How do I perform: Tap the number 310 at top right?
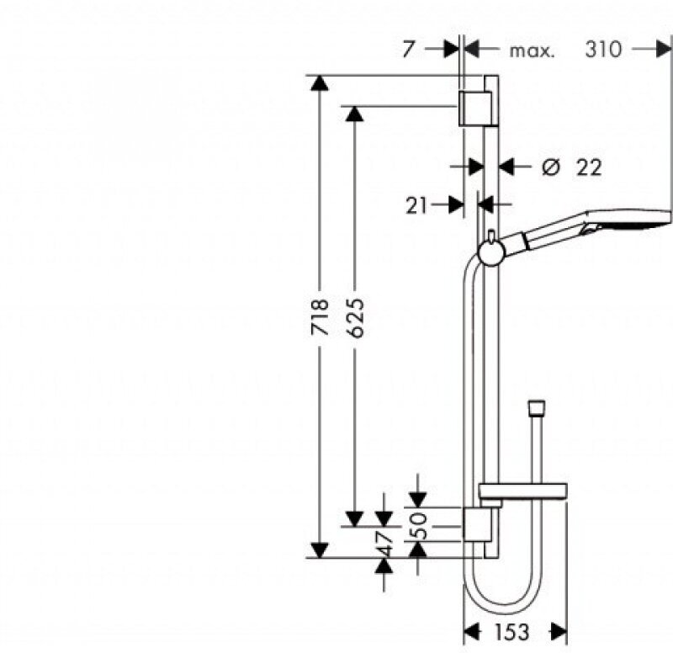click(604, 50)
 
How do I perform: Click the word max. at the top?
click(532, 50)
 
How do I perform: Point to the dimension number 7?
click(408, 50)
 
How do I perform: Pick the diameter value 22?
click(589, 167)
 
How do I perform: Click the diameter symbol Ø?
click(551, 167)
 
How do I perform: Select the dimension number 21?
click(419, 204)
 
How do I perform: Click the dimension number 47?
click(385, 544)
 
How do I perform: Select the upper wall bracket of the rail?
click(473, 107)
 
